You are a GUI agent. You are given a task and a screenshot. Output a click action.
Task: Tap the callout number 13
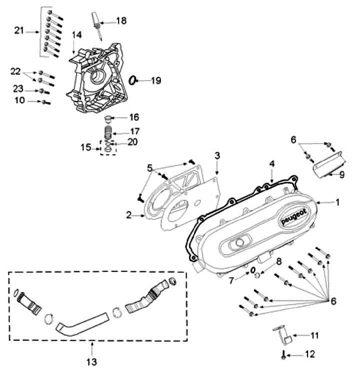click(93, 361)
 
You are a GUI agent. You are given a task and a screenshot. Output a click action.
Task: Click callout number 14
click(76, 35)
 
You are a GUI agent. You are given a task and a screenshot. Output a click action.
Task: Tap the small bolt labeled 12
click(284, 356)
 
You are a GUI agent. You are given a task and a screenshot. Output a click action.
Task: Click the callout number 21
click(19, 31)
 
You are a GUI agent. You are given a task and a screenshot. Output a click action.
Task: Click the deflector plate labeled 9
click(327, 166)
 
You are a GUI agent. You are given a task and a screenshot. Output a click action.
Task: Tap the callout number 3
click(217, 156)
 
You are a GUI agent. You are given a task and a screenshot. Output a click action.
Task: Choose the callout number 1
click(337, 202)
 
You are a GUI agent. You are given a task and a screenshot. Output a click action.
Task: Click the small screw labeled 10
click(45, 102)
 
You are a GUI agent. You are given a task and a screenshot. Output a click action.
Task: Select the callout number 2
click(128, 215)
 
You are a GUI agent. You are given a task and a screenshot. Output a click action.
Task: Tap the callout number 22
click(15, 72)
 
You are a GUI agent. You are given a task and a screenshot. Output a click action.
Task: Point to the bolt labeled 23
click(43, 91)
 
